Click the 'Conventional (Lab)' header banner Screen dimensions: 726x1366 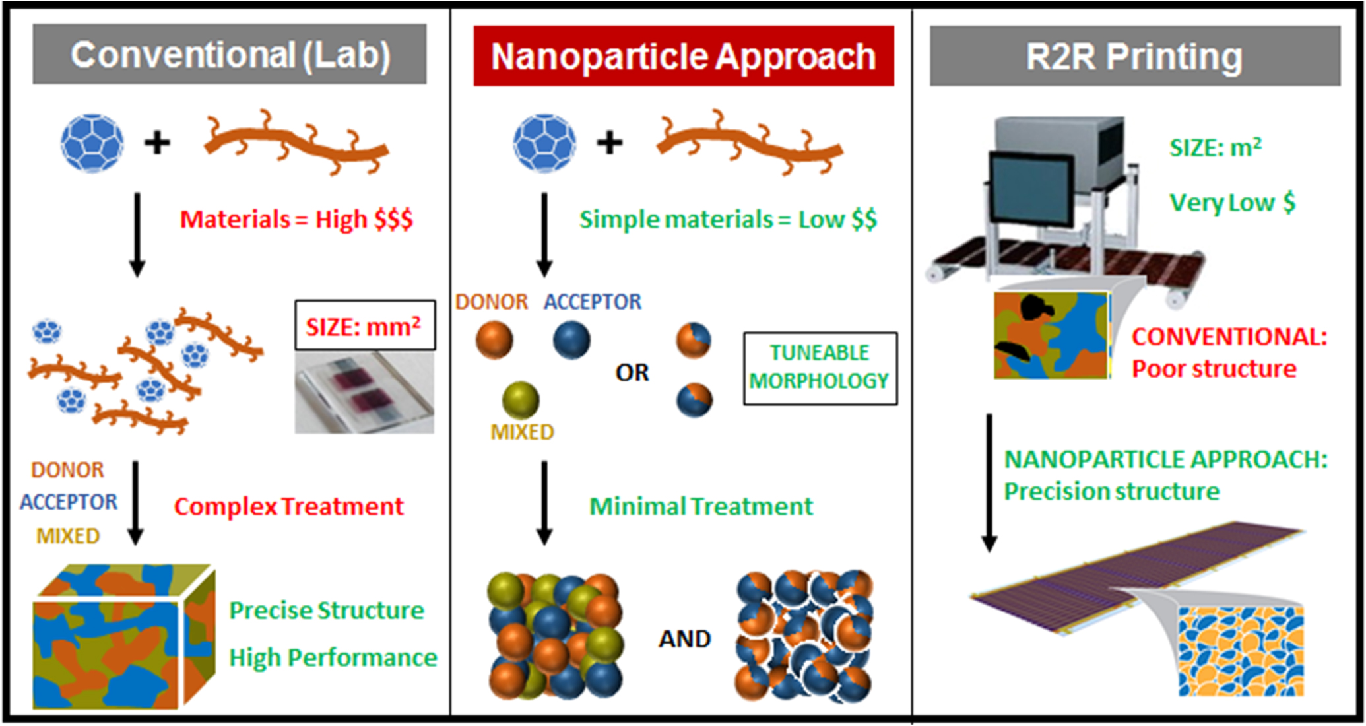(229, 55)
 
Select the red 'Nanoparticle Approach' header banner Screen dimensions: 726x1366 (683, 56)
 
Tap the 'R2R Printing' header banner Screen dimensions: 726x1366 (1134, 56)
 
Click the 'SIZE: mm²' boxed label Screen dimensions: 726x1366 (364, 325)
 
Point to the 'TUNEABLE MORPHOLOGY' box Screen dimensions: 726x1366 (820, 368)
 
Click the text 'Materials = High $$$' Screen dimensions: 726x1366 (296, 219)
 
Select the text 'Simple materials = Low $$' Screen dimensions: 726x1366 (727, 219)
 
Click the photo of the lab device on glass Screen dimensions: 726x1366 (364, 393)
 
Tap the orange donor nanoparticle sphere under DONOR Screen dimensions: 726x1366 (494, 340)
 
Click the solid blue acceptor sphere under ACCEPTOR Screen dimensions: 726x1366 (571, 340)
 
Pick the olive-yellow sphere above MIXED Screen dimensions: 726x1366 (521, 400)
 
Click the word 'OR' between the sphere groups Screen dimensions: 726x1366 (632, 374)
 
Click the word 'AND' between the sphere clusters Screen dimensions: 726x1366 (684, 639)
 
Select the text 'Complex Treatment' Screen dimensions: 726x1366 (288, 507)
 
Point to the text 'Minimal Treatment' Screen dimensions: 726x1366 (700, 507)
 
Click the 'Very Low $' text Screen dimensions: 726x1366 (1231, 203)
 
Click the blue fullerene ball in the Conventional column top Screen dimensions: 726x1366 (92, 143)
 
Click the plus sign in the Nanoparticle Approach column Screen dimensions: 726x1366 (610, 143)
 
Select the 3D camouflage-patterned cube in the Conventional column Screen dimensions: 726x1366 (122, 637)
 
